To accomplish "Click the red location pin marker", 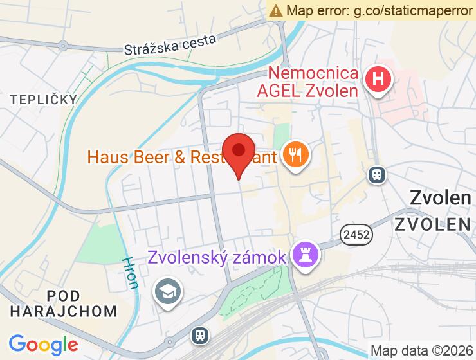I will pyautogui.click(x=239, y=153).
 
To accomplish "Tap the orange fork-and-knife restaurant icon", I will pyautogui.click(x=296, y=155).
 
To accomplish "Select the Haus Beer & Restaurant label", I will pyautogui.click(x=181, y=157).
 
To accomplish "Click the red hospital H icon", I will pyautogui.click(x=378, y=80).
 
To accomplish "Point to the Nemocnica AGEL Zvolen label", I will pyautogui.click(x=313, y=82).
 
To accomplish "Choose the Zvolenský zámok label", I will pyautogui.click(x=217, y=258).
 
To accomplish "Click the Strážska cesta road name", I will pyautogui.click(x=171, y=44).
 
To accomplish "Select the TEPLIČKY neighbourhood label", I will pyautogui.click(x=43, y=99).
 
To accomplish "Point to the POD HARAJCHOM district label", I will pyautogui.click(x=64, y=303).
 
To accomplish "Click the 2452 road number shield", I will pyautogui.click(x=356, y=235).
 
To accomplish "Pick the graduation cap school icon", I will pyautogui.click(x=168, y=292).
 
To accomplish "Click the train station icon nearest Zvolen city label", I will pyautogui.click(x=376, y=174).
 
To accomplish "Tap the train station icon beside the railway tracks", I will pyautogui.click(x=200, y=335).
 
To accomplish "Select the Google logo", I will pyautogui.click(x=43, y=345).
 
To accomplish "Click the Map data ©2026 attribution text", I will pyautogui.click(x=422, y=351).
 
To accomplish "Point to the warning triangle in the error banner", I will pyautogui.click(x=276, y=10).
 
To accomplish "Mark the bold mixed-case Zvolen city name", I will pyautogui.click(x=441, y=198).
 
